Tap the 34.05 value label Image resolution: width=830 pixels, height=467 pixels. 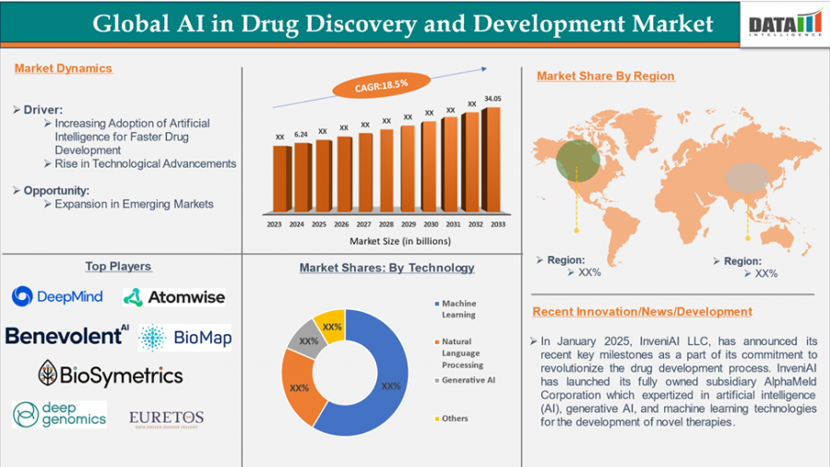[493, 99]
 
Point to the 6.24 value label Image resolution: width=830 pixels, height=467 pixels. [301, 135]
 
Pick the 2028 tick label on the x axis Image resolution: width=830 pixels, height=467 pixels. [386, 224]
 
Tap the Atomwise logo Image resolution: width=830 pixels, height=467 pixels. [174, 297]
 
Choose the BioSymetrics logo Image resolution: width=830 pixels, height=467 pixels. [110, 375]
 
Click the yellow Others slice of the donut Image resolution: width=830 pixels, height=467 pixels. [329, 326]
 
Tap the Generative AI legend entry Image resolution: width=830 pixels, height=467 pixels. [469, 380]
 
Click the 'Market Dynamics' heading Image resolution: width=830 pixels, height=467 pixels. [64, 68]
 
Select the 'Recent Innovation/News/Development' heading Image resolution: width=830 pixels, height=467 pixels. [644, 312]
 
